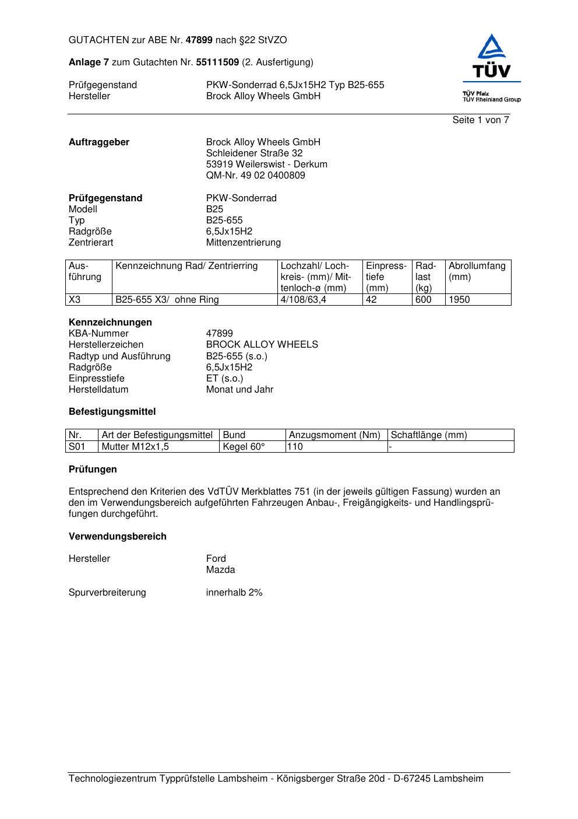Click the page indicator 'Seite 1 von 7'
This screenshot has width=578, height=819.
coord(480,120)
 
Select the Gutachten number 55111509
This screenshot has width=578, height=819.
coord(217,62)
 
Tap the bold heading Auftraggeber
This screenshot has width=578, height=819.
coord(99,142)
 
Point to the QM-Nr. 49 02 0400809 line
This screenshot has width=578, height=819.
coord(255,176)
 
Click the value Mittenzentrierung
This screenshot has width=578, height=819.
coord(243,243)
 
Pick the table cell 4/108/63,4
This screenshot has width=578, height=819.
coord(303,300)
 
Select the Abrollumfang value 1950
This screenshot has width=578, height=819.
coord(459,300)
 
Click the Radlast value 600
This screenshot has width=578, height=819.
coord(423,300)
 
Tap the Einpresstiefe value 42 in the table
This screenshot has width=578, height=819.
coord(371,300)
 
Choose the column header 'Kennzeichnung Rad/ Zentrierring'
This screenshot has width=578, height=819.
coord(186,267)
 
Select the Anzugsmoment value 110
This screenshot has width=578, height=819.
coord(295,447)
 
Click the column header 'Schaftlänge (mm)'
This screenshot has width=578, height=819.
coord(429,435)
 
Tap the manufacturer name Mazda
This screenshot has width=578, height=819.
coord(220,570)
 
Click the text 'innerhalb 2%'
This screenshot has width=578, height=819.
coord(234,593)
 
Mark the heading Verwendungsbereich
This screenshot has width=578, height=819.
coord(118,537)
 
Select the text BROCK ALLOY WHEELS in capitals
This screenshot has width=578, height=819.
coord(262,345)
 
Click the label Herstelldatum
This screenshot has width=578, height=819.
coord(98,390)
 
